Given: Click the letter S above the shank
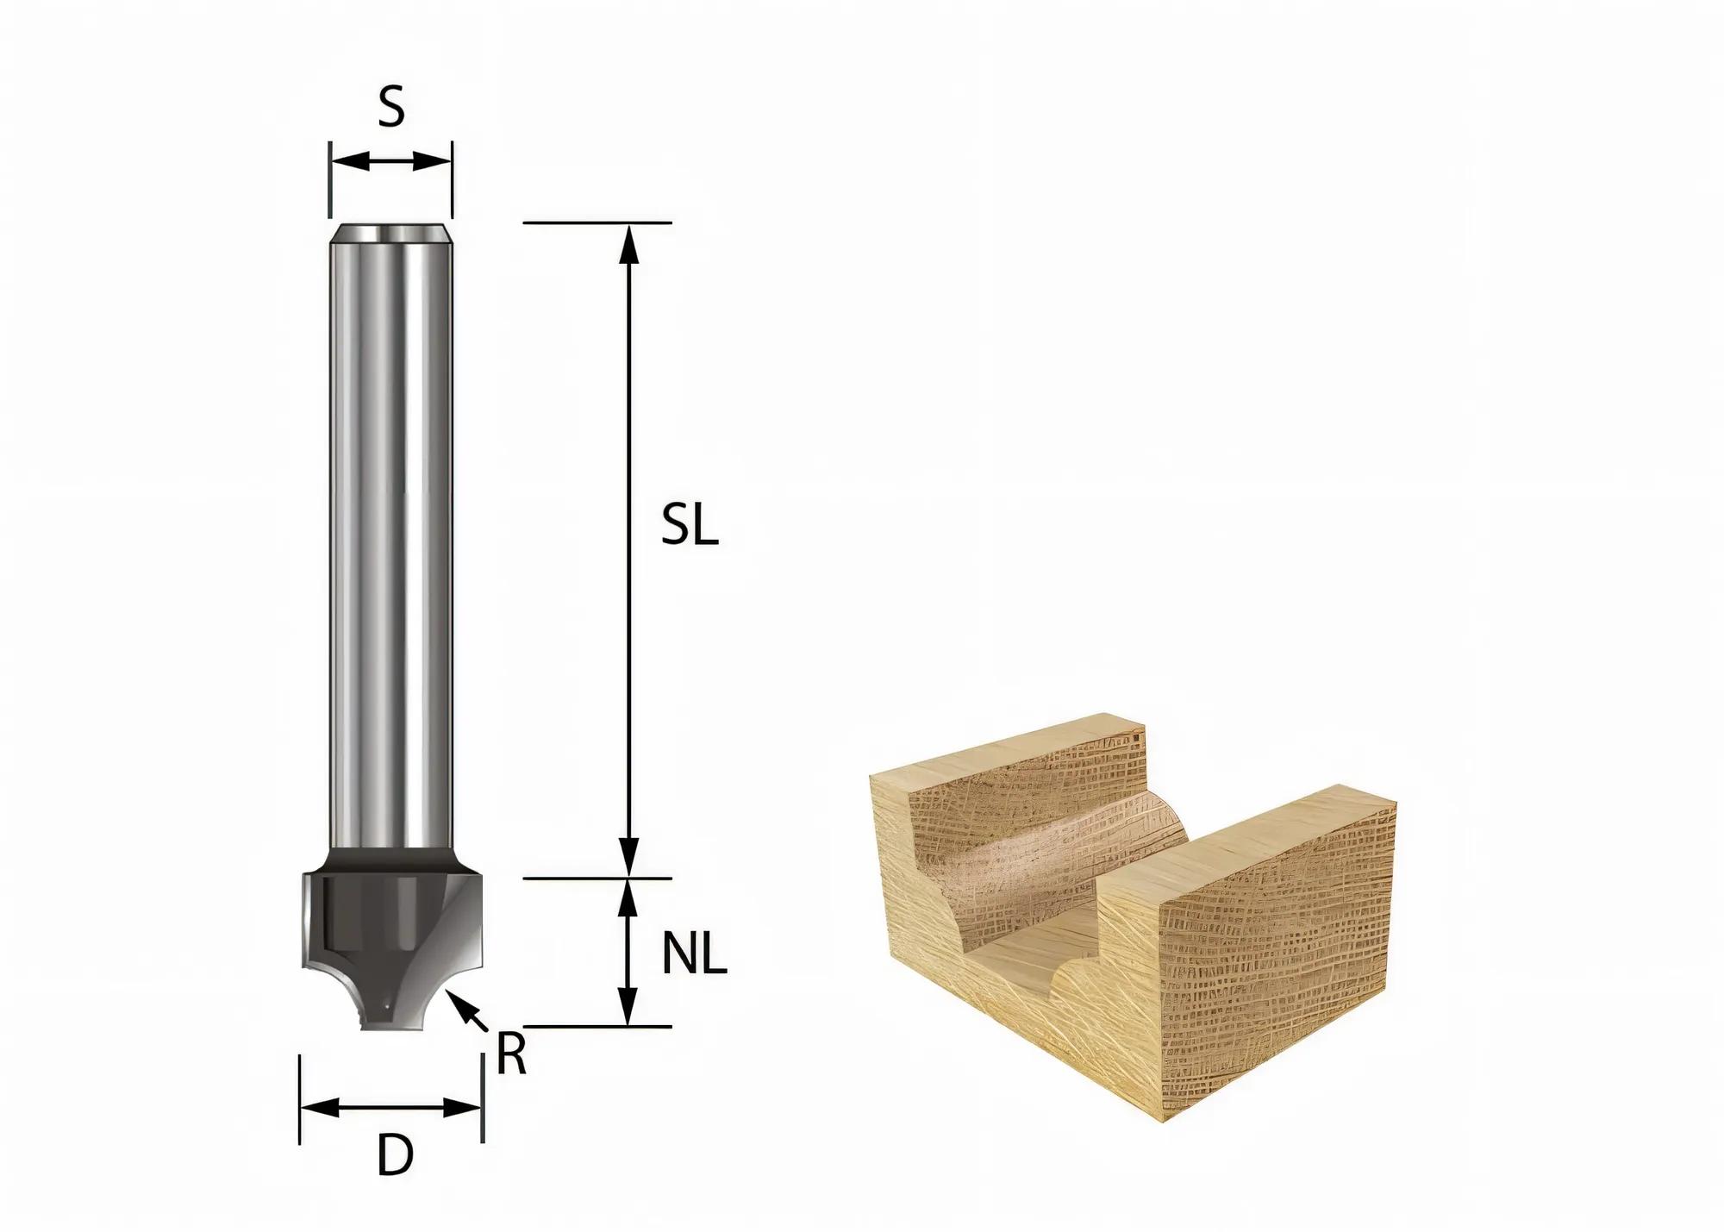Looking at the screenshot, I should (391, 109).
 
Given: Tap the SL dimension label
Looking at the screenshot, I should (690, 525).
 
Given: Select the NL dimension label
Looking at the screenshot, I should (695, 954).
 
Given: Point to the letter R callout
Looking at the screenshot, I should (511, 1054).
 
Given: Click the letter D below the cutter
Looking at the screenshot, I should (395, 1156).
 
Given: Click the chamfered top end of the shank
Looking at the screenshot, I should (391, 234).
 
